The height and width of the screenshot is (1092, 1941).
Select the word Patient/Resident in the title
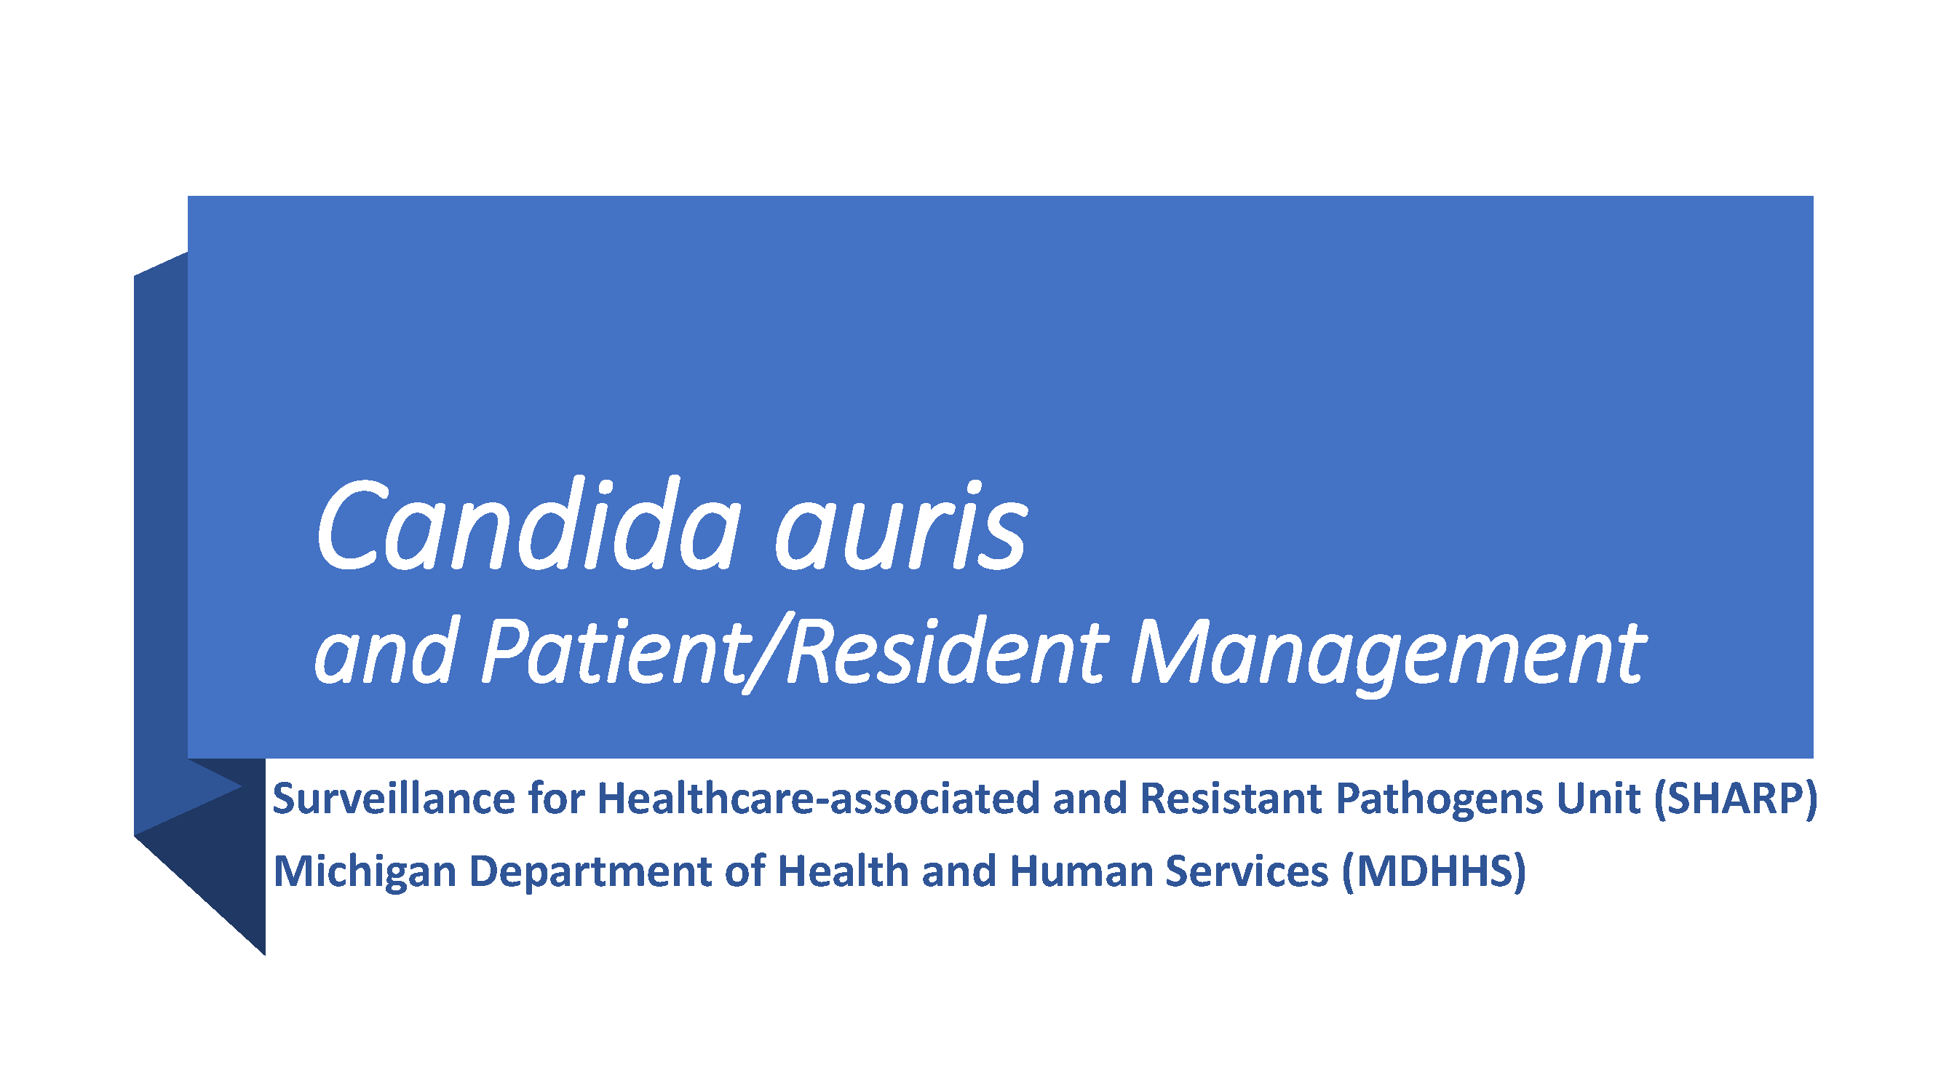794,652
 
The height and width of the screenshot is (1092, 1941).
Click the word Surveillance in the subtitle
392,798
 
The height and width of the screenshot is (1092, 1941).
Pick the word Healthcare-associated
818,798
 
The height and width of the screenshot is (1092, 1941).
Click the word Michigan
365,873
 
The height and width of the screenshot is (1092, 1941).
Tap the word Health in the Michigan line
842,871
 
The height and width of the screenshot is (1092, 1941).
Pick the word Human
1081,872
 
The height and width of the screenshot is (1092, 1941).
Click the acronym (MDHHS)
1434,873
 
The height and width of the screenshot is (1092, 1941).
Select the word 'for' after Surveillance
556,798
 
